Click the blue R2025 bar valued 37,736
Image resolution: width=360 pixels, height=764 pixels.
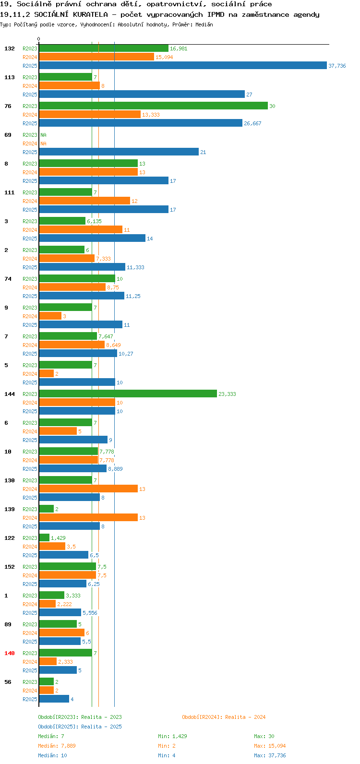(183, 65)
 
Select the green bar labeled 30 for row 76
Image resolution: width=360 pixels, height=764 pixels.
(154, 106)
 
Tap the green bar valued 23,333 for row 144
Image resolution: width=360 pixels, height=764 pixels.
(128, 394)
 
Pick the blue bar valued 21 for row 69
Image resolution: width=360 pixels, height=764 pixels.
(119, 152)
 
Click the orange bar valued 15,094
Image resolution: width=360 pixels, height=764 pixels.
(96, 57)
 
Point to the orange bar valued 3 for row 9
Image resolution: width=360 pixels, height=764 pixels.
(50, 316)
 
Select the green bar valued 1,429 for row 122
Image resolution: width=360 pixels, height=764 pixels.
(44, 537)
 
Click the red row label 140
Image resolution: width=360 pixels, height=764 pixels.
(10, 653)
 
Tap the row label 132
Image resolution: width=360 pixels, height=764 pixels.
(10, 48)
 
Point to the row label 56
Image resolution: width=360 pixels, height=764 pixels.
(8, 682)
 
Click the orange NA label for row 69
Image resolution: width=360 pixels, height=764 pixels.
(43, 143)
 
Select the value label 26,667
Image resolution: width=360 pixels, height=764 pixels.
(252, 123)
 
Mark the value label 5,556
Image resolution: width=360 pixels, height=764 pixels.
(90, 613)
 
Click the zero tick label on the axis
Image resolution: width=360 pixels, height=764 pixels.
(38, 39)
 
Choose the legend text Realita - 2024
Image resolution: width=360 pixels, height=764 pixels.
(245, 717)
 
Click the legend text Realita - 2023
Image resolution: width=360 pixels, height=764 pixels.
(101, 717)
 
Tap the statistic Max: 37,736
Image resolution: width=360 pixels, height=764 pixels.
(270, 755)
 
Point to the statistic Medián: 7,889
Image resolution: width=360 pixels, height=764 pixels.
(57, 746)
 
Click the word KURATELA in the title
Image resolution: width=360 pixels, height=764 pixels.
(90, 14)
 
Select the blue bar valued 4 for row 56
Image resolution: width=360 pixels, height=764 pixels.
(54, 699)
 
